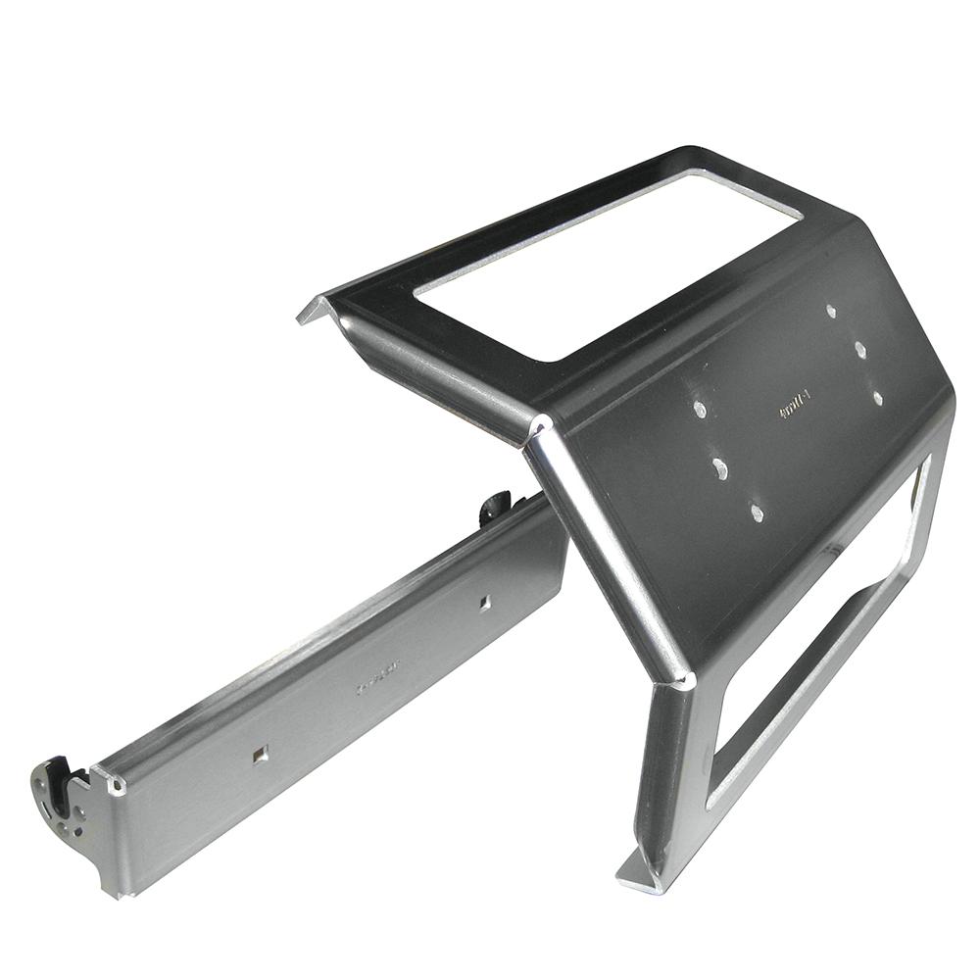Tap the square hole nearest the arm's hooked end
259,754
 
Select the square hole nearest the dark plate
485,603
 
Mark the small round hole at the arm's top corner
119,787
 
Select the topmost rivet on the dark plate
831,311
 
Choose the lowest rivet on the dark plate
756,512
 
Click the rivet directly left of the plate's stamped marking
699,409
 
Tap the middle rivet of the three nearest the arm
719,468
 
